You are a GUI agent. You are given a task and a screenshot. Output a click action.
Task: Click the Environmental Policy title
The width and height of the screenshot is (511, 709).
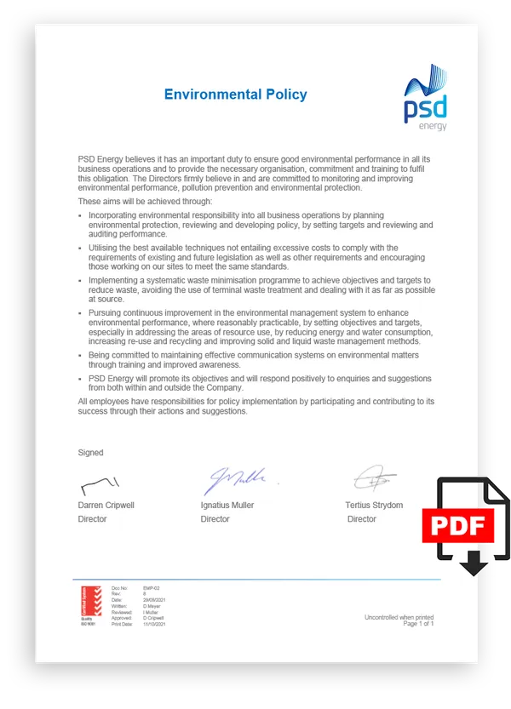click(x=235, y=94)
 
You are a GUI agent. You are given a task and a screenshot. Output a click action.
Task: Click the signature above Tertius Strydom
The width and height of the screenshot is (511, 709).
click(x=376, y=479)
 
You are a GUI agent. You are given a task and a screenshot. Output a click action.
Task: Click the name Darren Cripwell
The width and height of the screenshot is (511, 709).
click(x=106, y=505)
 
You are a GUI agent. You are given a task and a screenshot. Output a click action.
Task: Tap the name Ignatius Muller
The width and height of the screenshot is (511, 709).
click(x=227, y=505)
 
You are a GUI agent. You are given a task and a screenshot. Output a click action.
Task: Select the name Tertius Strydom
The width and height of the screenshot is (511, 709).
click(x=374, y=505)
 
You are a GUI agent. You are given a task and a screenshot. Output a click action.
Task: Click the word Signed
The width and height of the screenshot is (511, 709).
click(x=90, y=453)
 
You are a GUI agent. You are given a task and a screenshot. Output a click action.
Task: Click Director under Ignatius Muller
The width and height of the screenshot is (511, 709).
click(x=215, y=518)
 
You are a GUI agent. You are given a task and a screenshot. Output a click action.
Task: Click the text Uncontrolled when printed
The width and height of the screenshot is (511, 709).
click(x=399, y=617)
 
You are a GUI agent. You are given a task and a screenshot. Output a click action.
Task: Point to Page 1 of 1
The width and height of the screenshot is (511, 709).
click(x=418, y=624)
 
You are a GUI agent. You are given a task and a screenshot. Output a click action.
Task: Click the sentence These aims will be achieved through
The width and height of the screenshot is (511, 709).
click(x=145, y=201)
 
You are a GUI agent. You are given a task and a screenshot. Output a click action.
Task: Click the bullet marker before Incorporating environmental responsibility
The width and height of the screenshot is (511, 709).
click(x=80, y=216)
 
